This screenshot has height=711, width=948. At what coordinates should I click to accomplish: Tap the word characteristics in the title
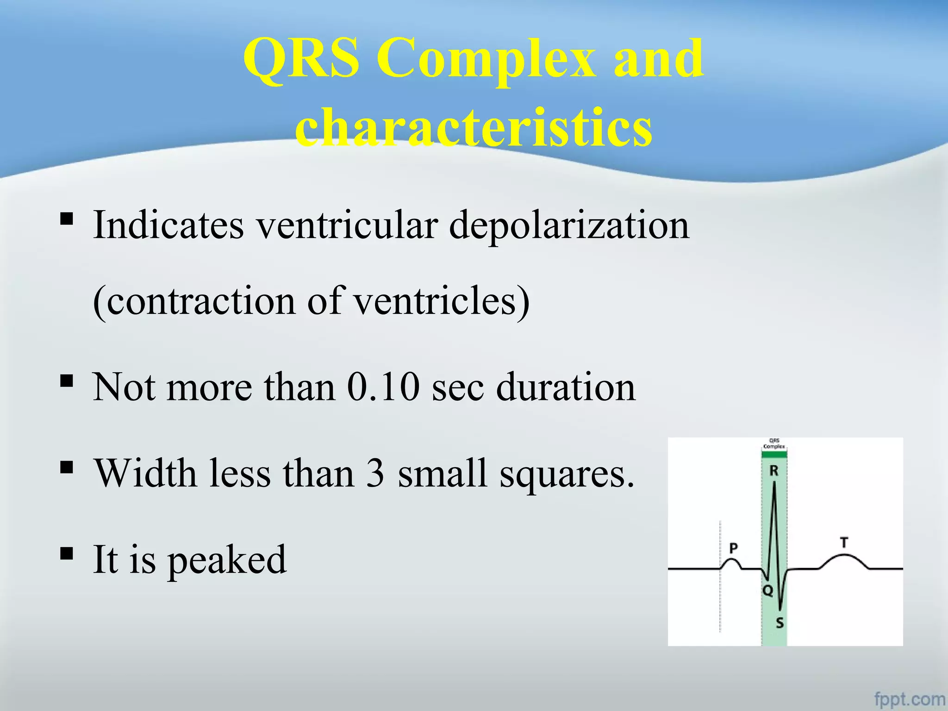pos(474,126)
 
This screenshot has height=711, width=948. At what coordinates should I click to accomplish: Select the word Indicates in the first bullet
pos(168,225)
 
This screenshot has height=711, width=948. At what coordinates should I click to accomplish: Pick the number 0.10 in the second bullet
pos(383,387)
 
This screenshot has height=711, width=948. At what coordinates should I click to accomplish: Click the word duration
pos(566,387)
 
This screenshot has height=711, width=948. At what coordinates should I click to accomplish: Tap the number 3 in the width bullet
pos(375,473)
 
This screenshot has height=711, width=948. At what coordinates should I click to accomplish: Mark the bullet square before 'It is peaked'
pos(67,553)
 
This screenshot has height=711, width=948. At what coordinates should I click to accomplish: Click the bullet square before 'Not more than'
pos(67,380)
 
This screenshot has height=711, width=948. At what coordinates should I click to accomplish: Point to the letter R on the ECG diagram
pos(773,471)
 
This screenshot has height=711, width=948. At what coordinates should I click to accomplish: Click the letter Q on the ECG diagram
pos(767,591)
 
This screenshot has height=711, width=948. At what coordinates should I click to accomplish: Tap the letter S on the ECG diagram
pos(780,623)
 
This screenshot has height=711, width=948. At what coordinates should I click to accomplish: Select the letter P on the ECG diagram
pos(733,549)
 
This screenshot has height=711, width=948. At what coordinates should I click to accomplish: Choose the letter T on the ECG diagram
pos(844,543)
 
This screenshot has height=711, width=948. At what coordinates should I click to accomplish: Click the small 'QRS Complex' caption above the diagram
pos(774,444)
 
